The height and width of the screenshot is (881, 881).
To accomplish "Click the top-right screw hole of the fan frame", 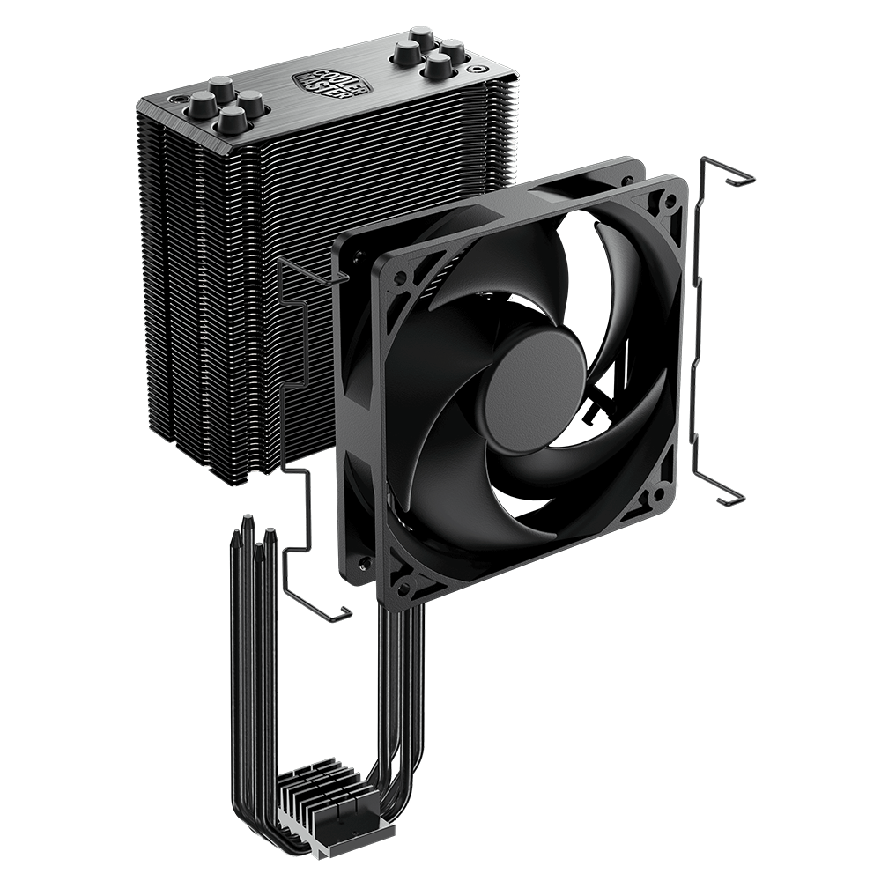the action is coord(670,199).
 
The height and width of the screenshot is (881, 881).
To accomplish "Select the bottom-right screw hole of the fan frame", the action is coord(656,497).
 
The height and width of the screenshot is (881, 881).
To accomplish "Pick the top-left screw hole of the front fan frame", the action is coord(401,277).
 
